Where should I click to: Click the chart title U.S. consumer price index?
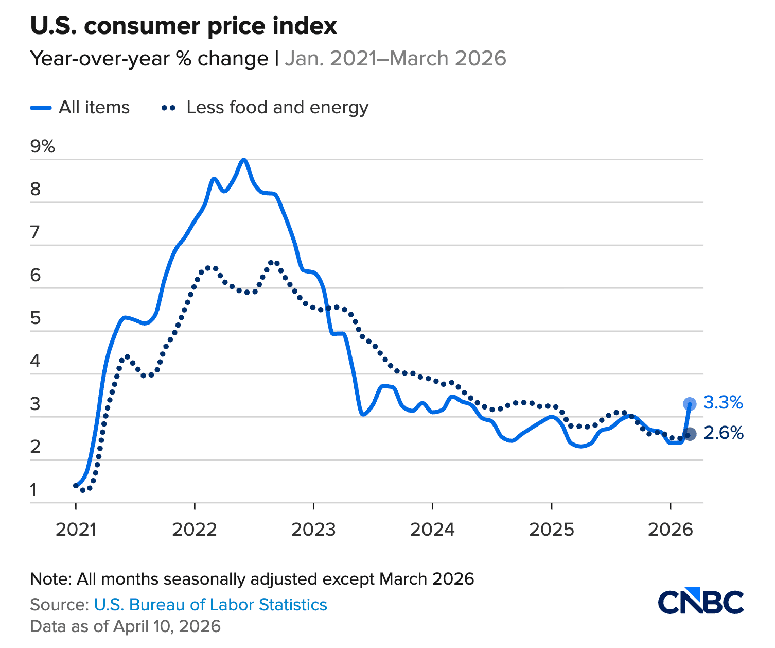(184, 26)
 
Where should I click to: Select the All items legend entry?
(80, 108)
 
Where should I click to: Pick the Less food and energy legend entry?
(265, 108)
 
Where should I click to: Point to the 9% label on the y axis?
(43, 147)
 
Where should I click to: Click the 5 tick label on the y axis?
(36, 318)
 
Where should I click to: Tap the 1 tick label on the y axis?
(34, 490)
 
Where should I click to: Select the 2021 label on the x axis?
(76, 529)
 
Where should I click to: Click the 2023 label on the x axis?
(313, 529)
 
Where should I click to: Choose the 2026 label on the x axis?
(670, 529)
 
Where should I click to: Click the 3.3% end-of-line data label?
(723, 403)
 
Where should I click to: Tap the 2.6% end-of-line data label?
(723, 434)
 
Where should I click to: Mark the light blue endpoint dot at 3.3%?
(690, 404)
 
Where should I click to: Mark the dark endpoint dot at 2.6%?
(690, 434)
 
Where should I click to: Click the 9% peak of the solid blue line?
(244, 160)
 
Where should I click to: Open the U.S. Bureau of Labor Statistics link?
(210, 605)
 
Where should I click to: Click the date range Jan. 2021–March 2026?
(395, 59)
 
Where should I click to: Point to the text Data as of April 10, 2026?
(126, 626)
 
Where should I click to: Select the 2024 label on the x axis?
(432, 529)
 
